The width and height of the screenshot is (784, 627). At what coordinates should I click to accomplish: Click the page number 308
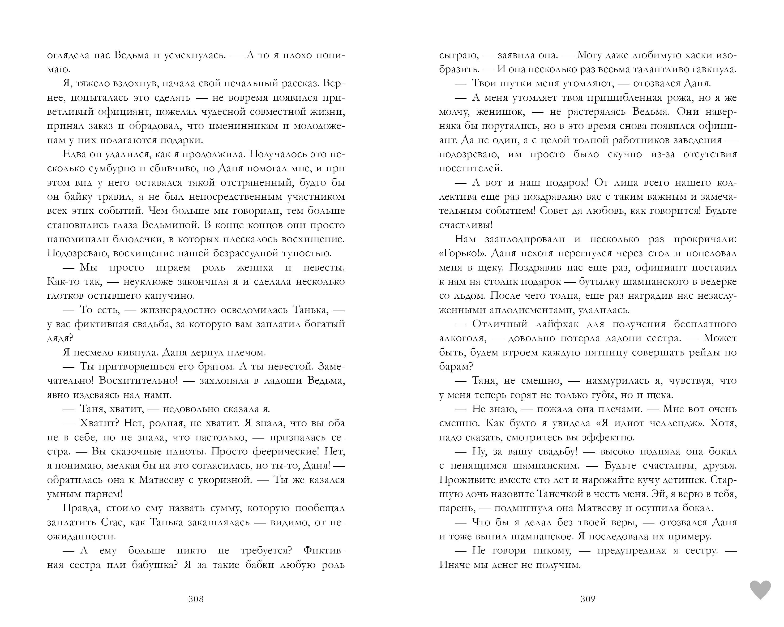(x=196, y=599)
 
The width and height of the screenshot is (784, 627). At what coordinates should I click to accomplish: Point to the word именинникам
(x=249, y=126)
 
